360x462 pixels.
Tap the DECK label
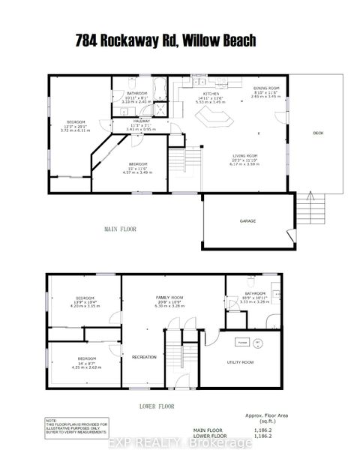317,133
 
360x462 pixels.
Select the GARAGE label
247,222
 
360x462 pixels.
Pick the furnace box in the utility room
242,341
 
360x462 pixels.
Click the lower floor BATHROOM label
252,294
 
